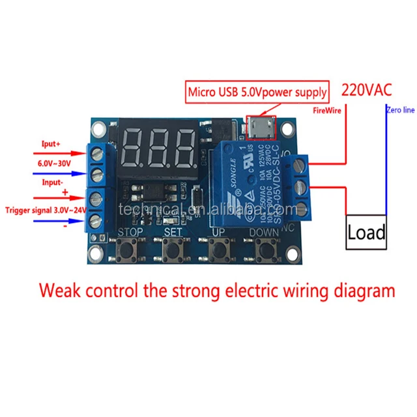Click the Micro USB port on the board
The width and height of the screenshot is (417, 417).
(257, 128)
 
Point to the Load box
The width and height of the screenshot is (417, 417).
(366, 231)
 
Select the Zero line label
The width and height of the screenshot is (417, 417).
(400, 111)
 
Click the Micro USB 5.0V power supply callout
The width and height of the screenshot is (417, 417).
(257, 91)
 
